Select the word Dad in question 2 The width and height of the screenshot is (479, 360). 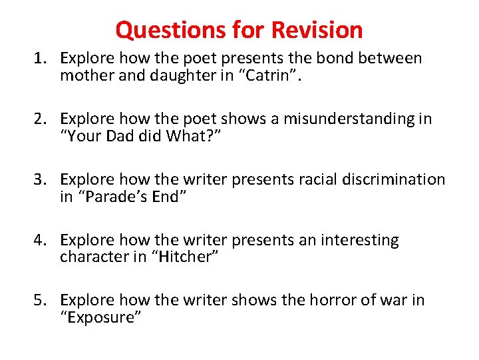coord(114,137)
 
